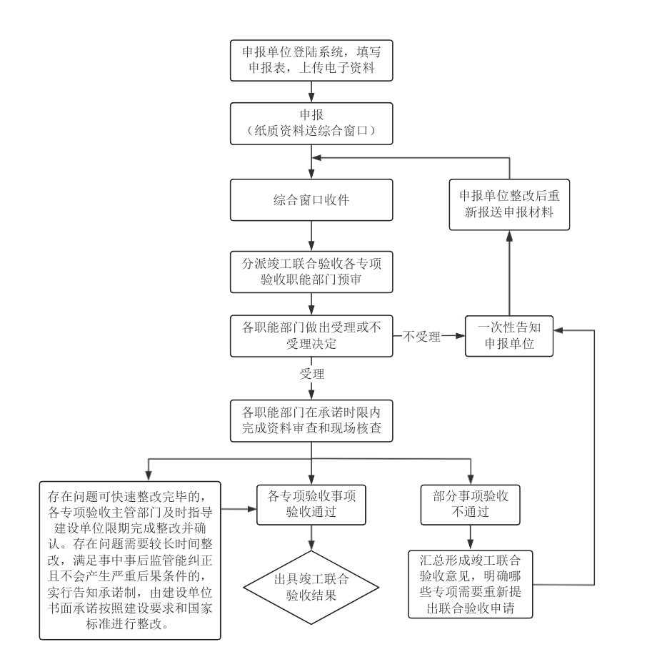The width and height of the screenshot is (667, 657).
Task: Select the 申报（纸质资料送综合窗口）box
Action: (311, 122)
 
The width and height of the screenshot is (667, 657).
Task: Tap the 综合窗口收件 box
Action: (311, 199)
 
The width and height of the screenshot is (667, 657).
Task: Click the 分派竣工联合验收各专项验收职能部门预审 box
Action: (311, 271)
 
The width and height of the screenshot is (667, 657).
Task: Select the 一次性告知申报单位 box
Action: (509, 335)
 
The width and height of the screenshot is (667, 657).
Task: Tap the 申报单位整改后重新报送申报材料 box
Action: (509, 204)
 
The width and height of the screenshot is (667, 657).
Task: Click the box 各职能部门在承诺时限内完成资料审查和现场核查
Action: (311, 421)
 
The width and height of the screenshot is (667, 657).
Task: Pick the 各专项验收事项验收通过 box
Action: (311, 504)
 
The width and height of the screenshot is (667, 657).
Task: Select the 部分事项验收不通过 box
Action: (469, 504)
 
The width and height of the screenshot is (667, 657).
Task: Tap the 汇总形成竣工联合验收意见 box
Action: (470, 584)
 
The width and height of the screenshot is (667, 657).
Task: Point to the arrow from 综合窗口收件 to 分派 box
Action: (311, 235)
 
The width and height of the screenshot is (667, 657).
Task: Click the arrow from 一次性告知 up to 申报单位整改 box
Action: (509, 272)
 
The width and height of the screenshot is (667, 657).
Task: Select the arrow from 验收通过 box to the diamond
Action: (311, 538)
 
